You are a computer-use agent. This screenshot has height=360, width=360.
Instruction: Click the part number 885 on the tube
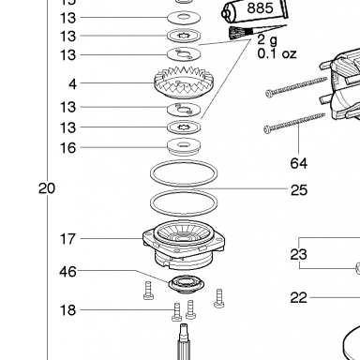coord(260,7)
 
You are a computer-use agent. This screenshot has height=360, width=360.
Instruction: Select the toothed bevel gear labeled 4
coord(185,82)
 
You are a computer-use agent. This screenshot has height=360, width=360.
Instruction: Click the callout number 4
coord(72,83)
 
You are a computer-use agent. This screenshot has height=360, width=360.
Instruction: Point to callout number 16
coord(67,147)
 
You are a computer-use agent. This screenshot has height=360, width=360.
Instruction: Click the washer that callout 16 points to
coord(184,146)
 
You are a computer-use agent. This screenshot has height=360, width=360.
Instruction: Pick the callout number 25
coord(299,190)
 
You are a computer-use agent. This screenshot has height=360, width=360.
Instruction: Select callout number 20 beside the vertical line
coord(47,188)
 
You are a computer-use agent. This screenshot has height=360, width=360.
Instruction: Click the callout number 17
coord(67,239)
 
